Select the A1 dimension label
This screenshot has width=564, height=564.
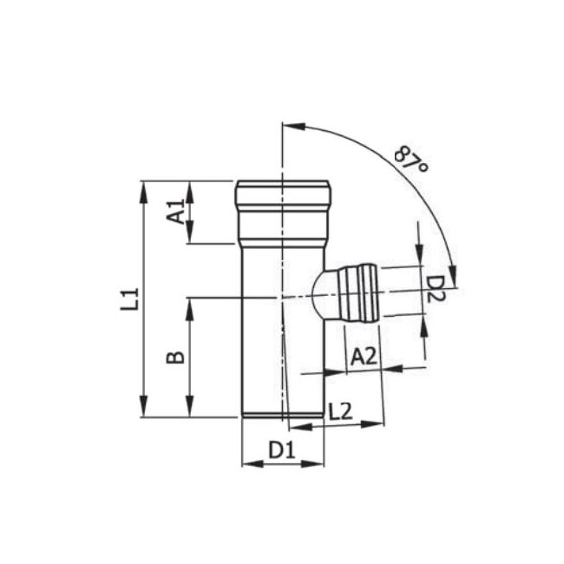pos(175,212)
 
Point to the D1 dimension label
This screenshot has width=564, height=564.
pos(281,450)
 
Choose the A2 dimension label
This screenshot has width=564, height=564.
pos(364,354)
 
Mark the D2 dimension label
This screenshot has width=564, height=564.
pos(436,288)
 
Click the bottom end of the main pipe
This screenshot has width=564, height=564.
pos(283,414)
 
